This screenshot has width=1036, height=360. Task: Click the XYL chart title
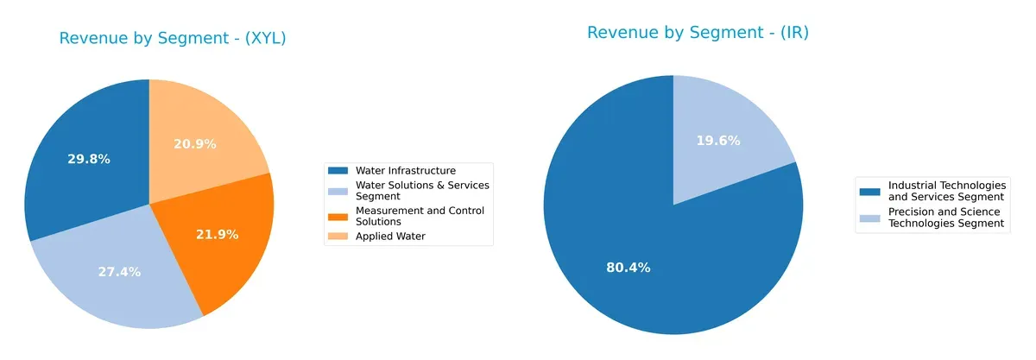pyautogui.click(x=173, y=39)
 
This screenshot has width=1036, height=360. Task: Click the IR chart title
pyautogui.click(x=698, y=33)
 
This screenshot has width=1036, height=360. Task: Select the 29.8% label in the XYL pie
pyautogui.click(x=88, y=159)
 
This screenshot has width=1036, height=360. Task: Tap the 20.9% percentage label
pyautogui.click(x=195, y=143)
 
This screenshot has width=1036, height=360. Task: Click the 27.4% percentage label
pyautogui.click(x=119, y=272)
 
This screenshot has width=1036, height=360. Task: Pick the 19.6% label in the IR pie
pyautogui.click(x=718, y=141)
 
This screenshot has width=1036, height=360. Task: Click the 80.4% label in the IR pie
pyautogui.click(x=629, y=268)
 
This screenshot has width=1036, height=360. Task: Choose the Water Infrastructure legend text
pyautogui.click(x=406, y=171)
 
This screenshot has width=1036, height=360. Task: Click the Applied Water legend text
pyautogui.click(x=390, y=236)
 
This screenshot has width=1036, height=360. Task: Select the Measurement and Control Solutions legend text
pyautogui.click(x=420, y=216)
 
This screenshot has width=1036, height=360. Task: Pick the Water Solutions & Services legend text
pyautogui.click(x=422, y=190)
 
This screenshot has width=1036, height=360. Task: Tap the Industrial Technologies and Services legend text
pyautogui.click(x=947, y=191)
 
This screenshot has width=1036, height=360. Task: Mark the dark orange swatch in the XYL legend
pyautogui.click(x=338, y=212)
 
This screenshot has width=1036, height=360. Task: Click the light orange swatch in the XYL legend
pyautogui.click(x=338, y=236)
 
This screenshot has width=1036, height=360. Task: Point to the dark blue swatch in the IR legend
pyautogui.click(x=870, y=186)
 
